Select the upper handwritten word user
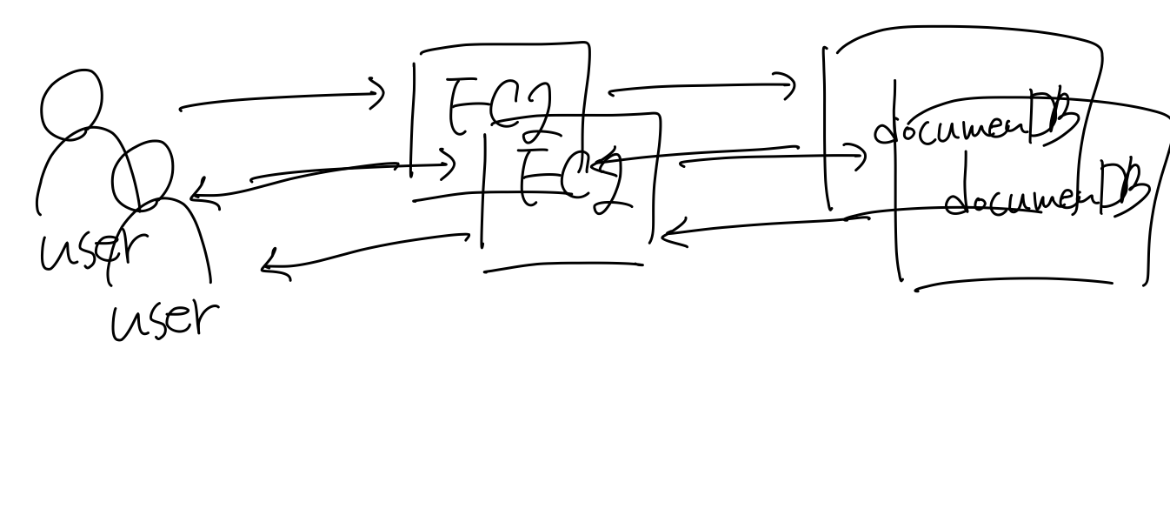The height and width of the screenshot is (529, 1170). click(88, 251)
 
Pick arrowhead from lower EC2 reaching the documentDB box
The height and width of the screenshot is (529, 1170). click(861, 157)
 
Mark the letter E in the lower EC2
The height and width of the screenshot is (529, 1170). click(532, 177)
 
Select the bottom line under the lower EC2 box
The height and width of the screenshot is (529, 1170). click(563, 267)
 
